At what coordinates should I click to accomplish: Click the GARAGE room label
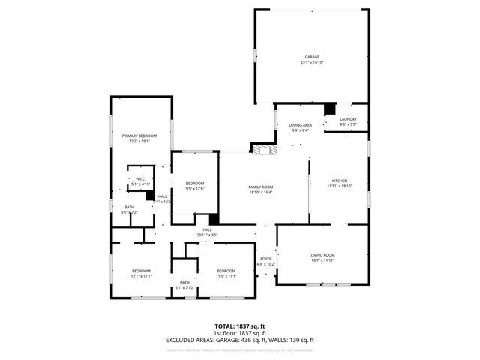coord(312,57)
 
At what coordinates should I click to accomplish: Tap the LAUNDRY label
coord(348,119)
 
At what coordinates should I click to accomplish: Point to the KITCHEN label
coord(340,181)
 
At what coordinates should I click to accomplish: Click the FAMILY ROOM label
coord(261,187)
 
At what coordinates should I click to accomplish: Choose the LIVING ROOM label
coord(323,255)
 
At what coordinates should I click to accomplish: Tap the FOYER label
coord(265,259)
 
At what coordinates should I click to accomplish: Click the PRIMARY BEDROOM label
coord(139,136)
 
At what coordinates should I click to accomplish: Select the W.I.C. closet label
coord(140,178)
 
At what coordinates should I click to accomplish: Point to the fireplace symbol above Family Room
coord(263,150)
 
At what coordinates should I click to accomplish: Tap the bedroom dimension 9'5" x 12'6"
coord(195,189)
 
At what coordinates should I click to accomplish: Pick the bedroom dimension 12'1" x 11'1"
coord(141,276)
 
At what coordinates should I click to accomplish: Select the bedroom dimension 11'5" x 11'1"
coord(226,276)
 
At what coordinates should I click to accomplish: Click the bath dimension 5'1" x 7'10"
coord(184,287)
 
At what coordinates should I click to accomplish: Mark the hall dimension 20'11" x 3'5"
coord(207,235)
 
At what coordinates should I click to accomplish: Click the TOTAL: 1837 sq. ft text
coord(240,326)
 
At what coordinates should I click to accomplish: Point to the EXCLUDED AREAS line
coord(240,340)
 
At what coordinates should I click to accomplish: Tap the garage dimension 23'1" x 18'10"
coord(312,62)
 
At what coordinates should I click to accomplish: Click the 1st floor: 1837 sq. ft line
coord(240,333)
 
